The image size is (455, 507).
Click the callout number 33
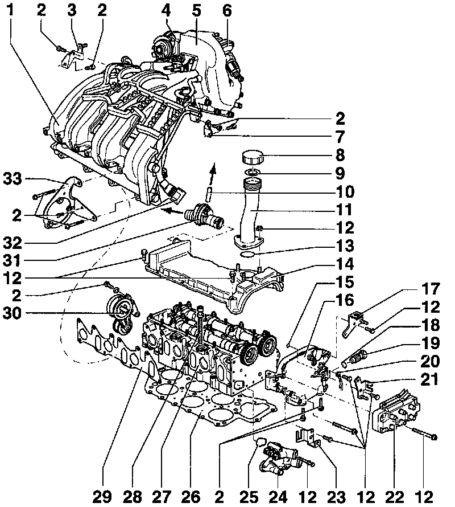coord(13,178)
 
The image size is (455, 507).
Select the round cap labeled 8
coord(253,157)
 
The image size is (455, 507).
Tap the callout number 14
coord(345,264)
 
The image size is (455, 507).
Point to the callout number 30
coord(13,313)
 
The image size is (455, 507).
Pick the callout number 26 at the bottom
coord(191,497)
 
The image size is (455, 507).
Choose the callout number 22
coord(395,497)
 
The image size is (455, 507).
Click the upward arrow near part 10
coord(212,173)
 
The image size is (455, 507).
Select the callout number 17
coord(431,289)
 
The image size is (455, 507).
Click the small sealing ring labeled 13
coord(247,255)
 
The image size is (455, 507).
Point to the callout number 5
coord(196,11)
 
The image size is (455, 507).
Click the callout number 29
coord(102,497)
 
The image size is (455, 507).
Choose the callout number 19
coord(431,343)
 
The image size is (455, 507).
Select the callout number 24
coord(279,497)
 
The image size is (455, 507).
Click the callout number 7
coord(340,137)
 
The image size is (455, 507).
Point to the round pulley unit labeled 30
coord(122,313)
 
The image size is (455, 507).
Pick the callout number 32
coord(13,243)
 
